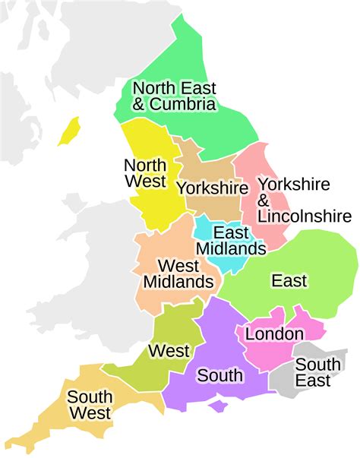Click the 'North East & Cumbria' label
174,96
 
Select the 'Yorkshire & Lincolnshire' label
294,200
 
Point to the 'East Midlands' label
231,240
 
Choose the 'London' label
274,333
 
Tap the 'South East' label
313,373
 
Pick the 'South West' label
90,405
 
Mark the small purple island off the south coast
219,407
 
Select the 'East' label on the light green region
289,281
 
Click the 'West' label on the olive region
169,351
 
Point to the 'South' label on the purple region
219,375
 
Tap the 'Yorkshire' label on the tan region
212,188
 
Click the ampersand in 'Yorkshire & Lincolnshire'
264,200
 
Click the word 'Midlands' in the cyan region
231,248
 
